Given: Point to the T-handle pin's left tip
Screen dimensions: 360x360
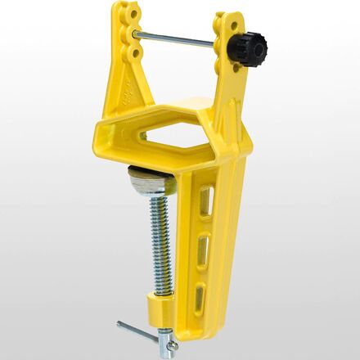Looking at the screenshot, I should coord(120,325).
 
